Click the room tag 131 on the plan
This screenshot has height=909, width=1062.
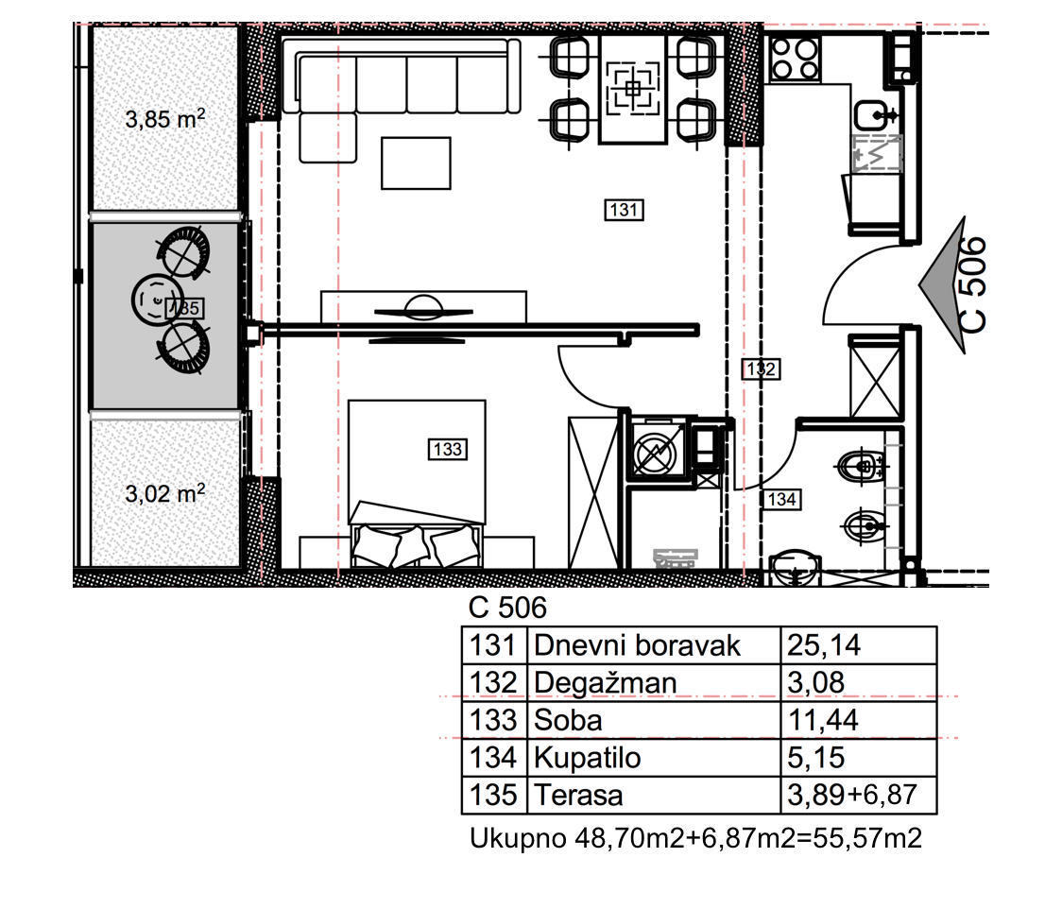pos(624,210)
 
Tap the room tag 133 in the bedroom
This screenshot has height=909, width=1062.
pos(448,449)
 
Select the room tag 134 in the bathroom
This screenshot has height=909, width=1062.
pos(781,500)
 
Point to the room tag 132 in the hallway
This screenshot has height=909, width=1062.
pos(762,369)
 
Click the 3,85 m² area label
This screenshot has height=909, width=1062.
pos(165,119)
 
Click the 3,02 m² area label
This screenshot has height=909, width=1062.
pos(165,493)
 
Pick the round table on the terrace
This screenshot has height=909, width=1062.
pos(157,300)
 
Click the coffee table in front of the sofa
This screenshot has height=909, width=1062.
pos(416,163)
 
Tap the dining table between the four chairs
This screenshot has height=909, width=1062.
pos(633,89)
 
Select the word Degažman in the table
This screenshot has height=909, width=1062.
pos(605,683)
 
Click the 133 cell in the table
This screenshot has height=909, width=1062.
pos(493,720)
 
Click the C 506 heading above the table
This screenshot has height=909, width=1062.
pos(507,608)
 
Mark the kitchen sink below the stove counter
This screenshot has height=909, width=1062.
pos(876,115)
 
